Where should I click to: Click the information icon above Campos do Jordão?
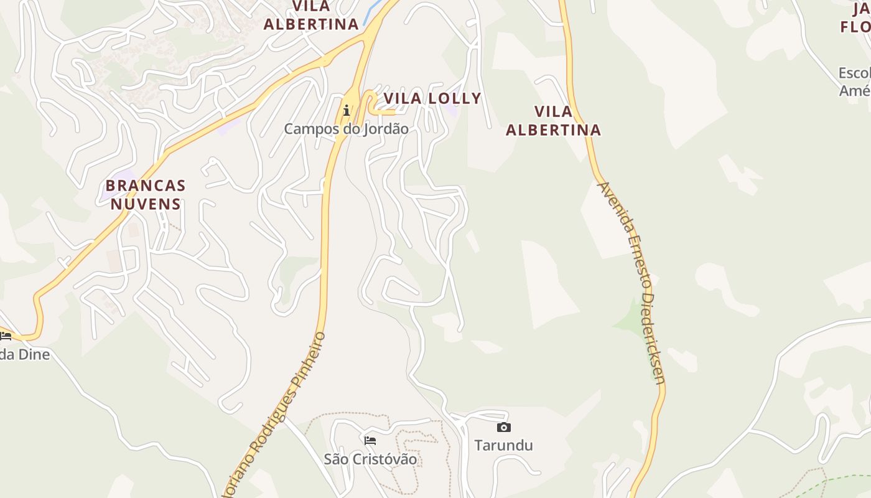[x=347, y=110]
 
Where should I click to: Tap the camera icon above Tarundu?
[x=504, y=427]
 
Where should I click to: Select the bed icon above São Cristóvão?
[x=370, y=441]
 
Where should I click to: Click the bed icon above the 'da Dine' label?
[x=6, y=336]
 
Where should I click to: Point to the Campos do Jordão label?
[x=346, y=129]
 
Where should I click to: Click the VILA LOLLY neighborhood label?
[x=432, y=98]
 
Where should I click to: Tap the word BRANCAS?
[x=146, y=186]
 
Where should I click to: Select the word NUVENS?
[x=146, y=204]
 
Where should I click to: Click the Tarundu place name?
[x=503, y=445]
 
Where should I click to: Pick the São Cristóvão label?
[x=370, y=459]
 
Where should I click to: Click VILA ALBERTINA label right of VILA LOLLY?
[x=553, y=121]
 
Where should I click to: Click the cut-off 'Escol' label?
[x=854, y=73]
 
